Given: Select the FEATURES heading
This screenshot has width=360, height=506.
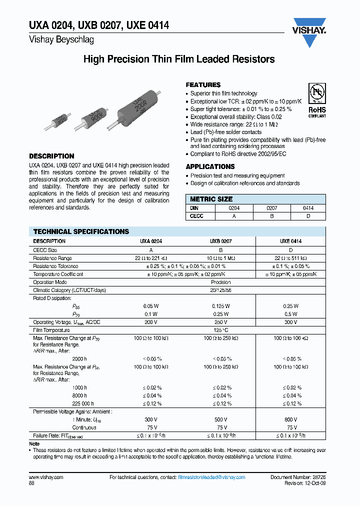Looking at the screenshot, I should point(203,85).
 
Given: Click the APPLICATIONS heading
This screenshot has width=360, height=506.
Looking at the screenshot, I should point(210,166).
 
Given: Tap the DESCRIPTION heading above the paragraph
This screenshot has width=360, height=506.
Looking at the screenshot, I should point(51,156).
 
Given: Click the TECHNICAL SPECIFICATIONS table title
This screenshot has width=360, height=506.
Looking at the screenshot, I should point(81,231).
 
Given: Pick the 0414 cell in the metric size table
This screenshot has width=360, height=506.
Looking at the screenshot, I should point(308,208).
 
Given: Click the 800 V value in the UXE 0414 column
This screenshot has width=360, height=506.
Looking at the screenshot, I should point(291,419).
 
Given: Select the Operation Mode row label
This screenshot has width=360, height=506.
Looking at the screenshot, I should point(50,282).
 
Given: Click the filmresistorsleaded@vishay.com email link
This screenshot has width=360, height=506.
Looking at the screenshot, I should point(211,477).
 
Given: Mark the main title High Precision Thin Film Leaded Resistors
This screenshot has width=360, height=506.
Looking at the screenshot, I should point(178,59).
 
